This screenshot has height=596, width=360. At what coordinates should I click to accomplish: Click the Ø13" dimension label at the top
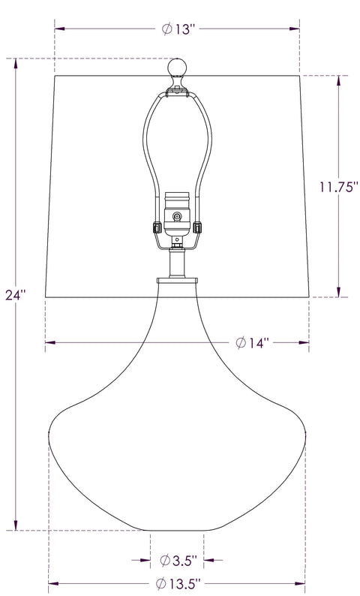pos(178,29)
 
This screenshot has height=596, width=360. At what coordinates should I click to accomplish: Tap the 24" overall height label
pos(15,294)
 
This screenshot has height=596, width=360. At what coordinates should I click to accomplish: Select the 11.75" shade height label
pos(338,187)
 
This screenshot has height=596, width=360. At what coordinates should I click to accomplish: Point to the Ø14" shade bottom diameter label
pos(252,343)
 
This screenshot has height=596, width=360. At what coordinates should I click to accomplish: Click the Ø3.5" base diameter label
pos(178,560)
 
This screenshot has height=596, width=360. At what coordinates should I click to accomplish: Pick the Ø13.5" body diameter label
pos(178,583)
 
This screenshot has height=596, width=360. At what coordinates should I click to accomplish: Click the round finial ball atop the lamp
pos(177,68)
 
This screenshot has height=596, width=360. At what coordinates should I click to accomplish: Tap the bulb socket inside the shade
pos(177,214)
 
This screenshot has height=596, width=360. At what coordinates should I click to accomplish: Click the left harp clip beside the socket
pos(156,227)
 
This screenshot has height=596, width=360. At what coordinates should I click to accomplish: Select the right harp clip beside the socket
pos(197,227)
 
